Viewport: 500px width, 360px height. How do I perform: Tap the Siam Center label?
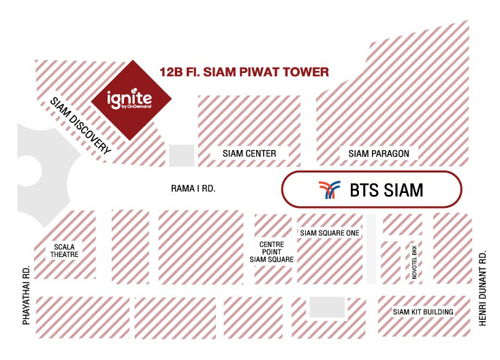click(x=249, y=153)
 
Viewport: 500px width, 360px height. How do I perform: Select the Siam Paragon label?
click(x=379, y=153)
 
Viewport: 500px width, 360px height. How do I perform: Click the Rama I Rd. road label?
click(x=193, y=188)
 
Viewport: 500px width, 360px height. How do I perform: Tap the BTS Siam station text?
click(x=386, y=190)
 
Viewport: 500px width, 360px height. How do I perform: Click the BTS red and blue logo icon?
click(x=330, y=190)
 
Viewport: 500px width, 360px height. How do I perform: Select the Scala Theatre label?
click(x=65, y=250)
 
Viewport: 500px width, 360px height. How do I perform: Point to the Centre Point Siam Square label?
click(x=272, y=252)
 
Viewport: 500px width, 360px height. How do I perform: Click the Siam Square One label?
click(x=330, y=233)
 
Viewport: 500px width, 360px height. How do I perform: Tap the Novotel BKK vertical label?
click(x=415, y=262)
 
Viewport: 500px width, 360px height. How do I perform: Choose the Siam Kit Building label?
click(x=423, y=312)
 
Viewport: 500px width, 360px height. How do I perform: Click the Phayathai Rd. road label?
click(x=26, y=295)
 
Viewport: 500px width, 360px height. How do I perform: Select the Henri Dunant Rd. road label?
click(x=482, y=288)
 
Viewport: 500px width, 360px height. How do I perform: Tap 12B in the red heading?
click(x=171, y=72)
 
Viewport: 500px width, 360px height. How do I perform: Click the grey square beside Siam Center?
click(x=181, y=155)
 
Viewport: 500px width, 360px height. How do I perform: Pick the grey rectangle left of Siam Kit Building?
click(x=327, y=307)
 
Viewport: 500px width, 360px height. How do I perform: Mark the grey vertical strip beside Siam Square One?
click(x=371, y=249)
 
